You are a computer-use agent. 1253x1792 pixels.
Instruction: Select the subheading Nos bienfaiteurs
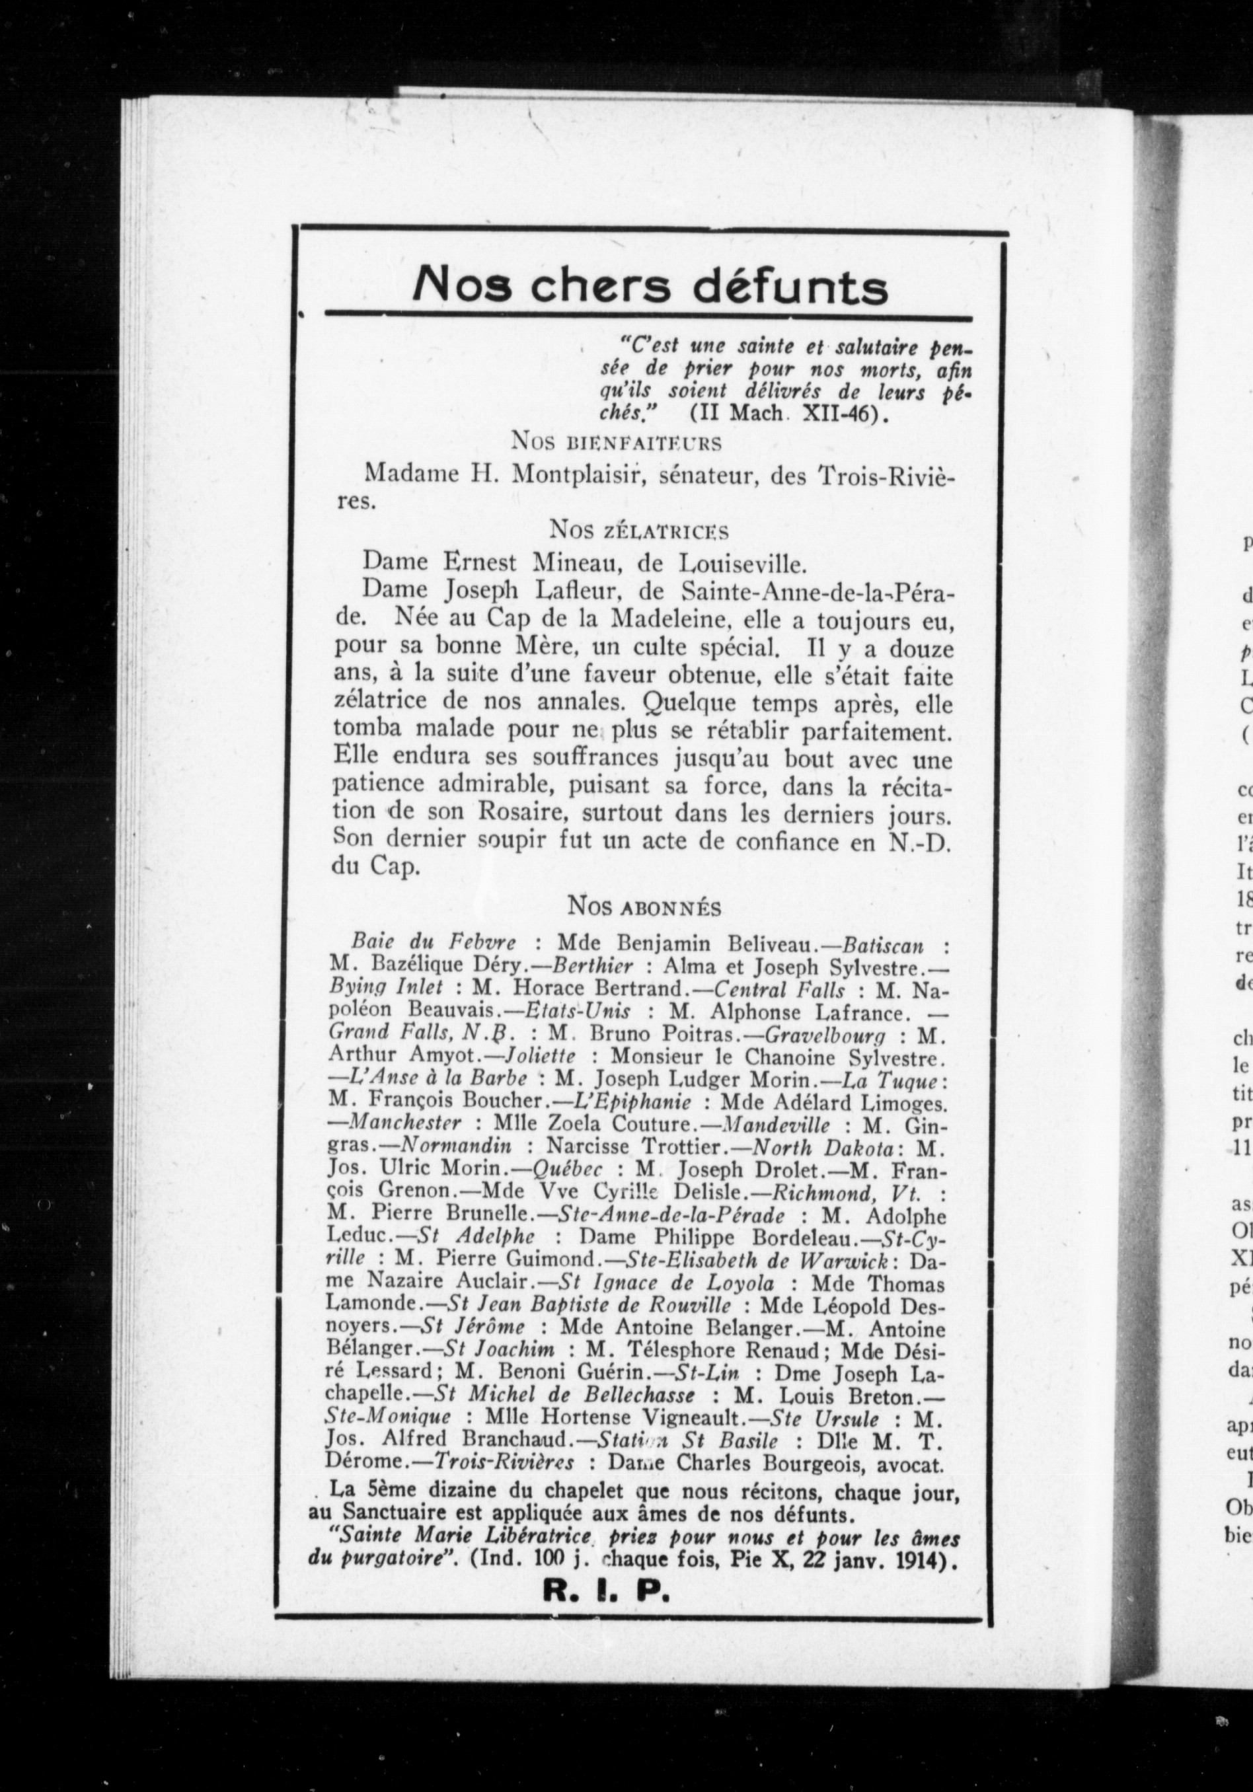click(616, 443)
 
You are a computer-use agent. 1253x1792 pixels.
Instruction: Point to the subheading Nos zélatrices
click(638, 531)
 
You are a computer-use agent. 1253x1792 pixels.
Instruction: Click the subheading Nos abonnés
click(644, 907)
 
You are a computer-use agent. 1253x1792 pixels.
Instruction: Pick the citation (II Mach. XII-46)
click(789, 414)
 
